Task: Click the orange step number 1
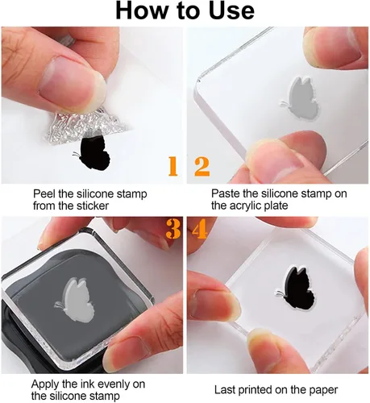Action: click(173, 167)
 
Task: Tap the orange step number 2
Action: click(202, 167)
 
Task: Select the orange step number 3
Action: click(173, 229)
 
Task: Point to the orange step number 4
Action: click(200, 229)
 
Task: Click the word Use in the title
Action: click(231, 11)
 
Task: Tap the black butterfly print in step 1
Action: click(92, 152)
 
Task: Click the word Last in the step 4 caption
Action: click(225, 390)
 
